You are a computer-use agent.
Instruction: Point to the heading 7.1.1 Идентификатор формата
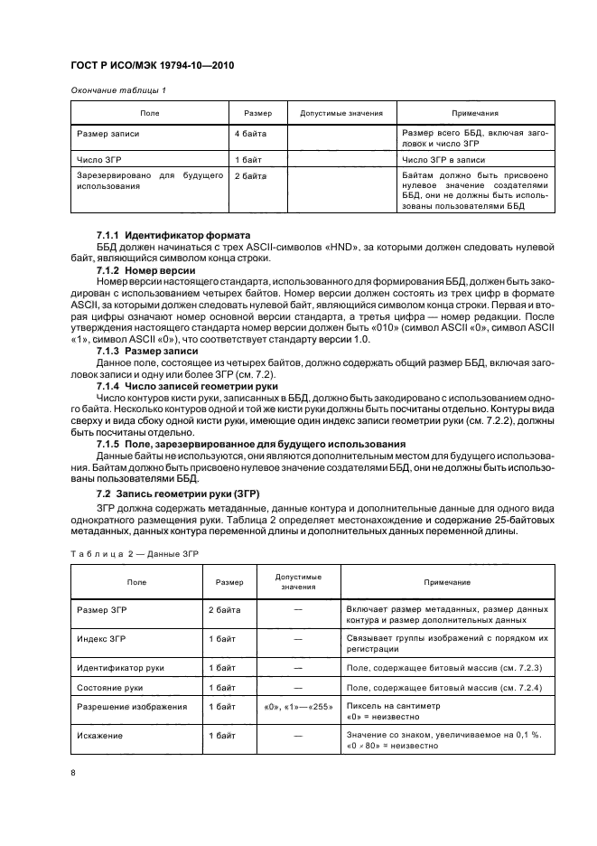pos(167,235)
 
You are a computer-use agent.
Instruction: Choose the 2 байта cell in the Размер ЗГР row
pos(224,610)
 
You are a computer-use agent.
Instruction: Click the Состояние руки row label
pos(110,687)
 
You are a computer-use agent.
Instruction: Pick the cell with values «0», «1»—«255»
pos(298,707)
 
